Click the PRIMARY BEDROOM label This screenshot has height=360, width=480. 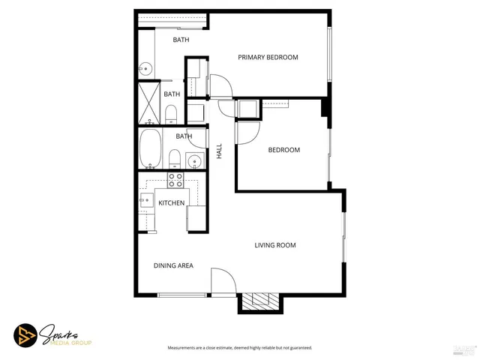[x=268, y=58]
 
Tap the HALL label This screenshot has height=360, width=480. [x=220, y=151]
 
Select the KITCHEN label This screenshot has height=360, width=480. [x=171, y=202]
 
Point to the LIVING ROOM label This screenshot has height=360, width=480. [x=274, y=245]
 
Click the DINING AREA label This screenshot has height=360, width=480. [x=174, y=265]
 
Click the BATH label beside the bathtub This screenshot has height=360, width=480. [x=184, y=136]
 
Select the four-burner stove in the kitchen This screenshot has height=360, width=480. [x=175, y=179]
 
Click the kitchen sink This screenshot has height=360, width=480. [x=145, y=199]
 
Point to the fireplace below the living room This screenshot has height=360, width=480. [x=259, y=301]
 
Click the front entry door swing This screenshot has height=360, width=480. [x=222, y=281]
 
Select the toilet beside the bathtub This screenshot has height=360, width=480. [x=174, y=158]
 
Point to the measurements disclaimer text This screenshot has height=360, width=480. [x=239, y=348]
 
